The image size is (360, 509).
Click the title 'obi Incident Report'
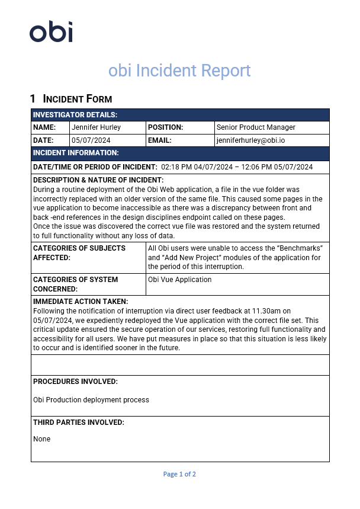click(x=179, y=71)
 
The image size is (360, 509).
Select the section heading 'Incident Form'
click(x=78, y=99)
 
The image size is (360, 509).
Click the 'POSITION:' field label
click(x=165, y=127)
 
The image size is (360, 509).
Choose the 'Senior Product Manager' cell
click(x=256, y=127)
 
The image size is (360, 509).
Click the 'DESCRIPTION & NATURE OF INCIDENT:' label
click(x=98, y=180)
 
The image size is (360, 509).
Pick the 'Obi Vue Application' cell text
click(x=180, y=280)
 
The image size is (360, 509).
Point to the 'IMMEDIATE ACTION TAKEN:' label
click(x=81, y=302)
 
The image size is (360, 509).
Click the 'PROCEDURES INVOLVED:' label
click(x=75, y=382)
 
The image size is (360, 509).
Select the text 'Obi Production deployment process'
click(x=91, y=400)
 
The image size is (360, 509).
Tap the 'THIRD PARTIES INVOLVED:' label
click(x=79, y=422)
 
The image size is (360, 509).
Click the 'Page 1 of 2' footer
click(x=179, y=474)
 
